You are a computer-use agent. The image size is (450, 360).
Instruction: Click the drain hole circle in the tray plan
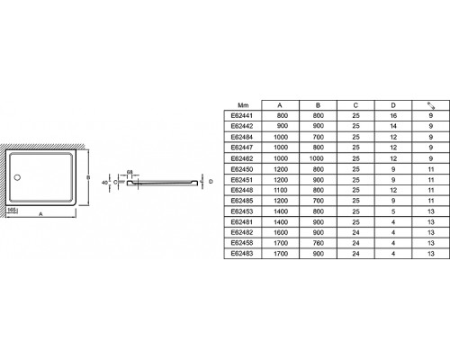[17, 177]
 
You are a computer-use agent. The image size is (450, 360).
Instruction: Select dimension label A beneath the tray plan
[41, 214]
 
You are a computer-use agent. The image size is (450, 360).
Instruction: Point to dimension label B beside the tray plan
[88, 177]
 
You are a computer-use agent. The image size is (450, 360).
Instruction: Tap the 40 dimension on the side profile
[104, 182]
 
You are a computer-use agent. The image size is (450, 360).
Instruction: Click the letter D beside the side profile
[211, 182]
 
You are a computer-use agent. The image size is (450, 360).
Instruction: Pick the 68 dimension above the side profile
[130, 172]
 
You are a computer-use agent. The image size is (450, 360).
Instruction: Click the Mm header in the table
[243, 105]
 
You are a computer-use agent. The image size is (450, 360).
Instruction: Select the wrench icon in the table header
[431, 105]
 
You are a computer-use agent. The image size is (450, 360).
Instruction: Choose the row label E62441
[242, 115]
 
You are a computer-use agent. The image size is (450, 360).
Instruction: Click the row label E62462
[242, 158]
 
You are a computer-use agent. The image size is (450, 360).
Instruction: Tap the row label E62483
[242, 254]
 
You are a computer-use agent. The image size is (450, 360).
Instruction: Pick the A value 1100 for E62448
[281, 190]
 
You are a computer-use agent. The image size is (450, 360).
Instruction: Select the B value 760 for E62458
[319, 243]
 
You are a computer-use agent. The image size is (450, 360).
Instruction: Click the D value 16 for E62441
[393, 115]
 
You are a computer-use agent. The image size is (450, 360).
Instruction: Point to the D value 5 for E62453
[393, 211]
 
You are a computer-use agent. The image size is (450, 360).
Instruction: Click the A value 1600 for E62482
[281, 232]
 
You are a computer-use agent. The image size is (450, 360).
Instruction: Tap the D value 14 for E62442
[393, 126]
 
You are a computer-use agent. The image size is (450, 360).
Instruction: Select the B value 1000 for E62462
[317, 158]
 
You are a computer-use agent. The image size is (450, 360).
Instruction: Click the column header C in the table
[355, 105]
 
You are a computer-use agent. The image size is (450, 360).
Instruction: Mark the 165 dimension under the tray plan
[12, 210]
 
